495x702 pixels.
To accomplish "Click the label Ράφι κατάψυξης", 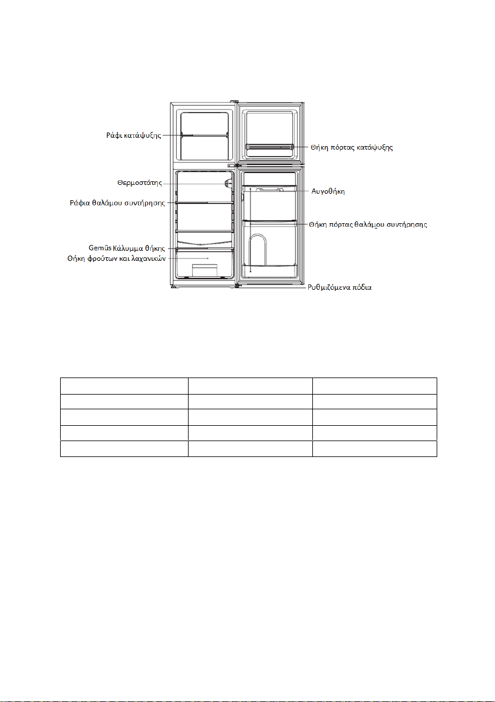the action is pyautogui.click(x=134, y=135).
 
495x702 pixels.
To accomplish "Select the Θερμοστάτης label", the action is pyautogui.click(x=140, y=183).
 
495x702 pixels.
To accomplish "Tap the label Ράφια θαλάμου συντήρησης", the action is pyautogui.click(x=117, y=203).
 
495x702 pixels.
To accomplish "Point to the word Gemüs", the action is pyautogui.click(x=100, y=247).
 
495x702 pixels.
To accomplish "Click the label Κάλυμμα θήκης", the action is pyautogui.click(x=139, y=248).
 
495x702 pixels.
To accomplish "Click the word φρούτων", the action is pyautogui.click(x=98, y=259).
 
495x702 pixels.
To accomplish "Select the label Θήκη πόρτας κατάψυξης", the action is pyautogui.click(x=352, y=147).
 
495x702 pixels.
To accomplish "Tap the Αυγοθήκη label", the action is pyautogui.click(x=328, y=191).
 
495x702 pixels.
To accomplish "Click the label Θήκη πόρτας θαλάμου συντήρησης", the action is pyautogui.click(x=368, y=224).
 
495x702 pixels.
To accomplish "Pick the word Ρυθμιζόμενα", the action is pyautogui.click(x=328, y=287).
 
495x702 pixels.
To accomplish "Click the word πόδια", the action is pyautogui.click(x=361, y=287).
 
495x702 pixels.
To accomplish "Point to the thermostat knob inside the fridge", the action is pyautogui.click(x=229, y=183).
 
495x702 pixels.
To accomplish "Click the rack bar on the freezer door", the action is pyautogui.click(x=269, y=147).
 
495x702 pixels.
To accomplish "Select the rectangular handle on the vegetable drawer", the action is pyautogui.click(x=204, y=270).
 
